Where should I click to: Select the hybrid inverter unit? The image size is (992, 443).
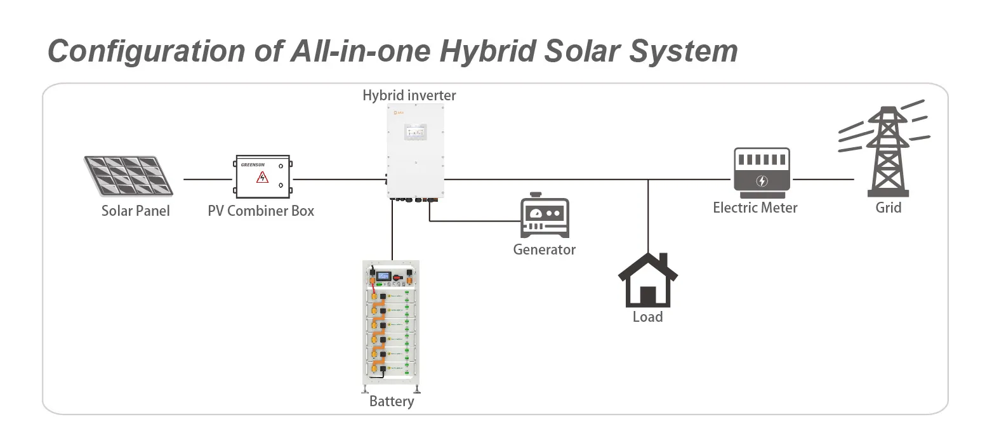pyautogui.click(x=413, y=152)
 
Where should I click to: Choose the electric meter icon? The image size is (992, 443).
pyautogui.click(x=762, y=169)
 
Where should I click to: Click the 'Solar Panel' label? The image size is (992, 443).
pyautogui.click(x=136, y=210)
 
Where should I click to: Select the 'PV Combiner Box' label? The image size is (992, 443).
pyautogui.click(x=261, y=210)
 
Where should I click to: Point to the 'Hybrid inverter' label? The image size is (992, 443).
pyautogui.click(x=409, y=96)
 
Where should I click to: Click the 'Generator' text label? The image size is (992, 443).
pyautogui.click(x=544, y=249)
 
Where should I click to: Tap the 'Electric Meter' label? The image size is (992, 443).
pyautogui.click(x=755, y=208)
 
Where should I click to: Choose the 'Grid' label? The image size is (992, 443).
pyautogui.click(x=888, y=208)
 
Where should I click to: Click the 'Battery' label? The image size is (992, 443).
pyautogui.click(x=392, y=401)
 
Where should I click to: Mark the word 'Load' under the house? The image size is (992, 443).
pyautogui.click(x=647, y=316)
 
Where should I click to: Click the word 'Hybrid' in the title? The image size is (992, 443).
pyautogui.click(x=482, y=50)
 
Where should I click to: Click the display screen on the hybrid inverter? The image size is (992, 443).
pyautogui.click(x=415, y=131)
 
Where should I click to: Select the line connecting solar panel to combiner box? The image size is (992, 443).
pyautogui.click(x=208, y=179)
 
